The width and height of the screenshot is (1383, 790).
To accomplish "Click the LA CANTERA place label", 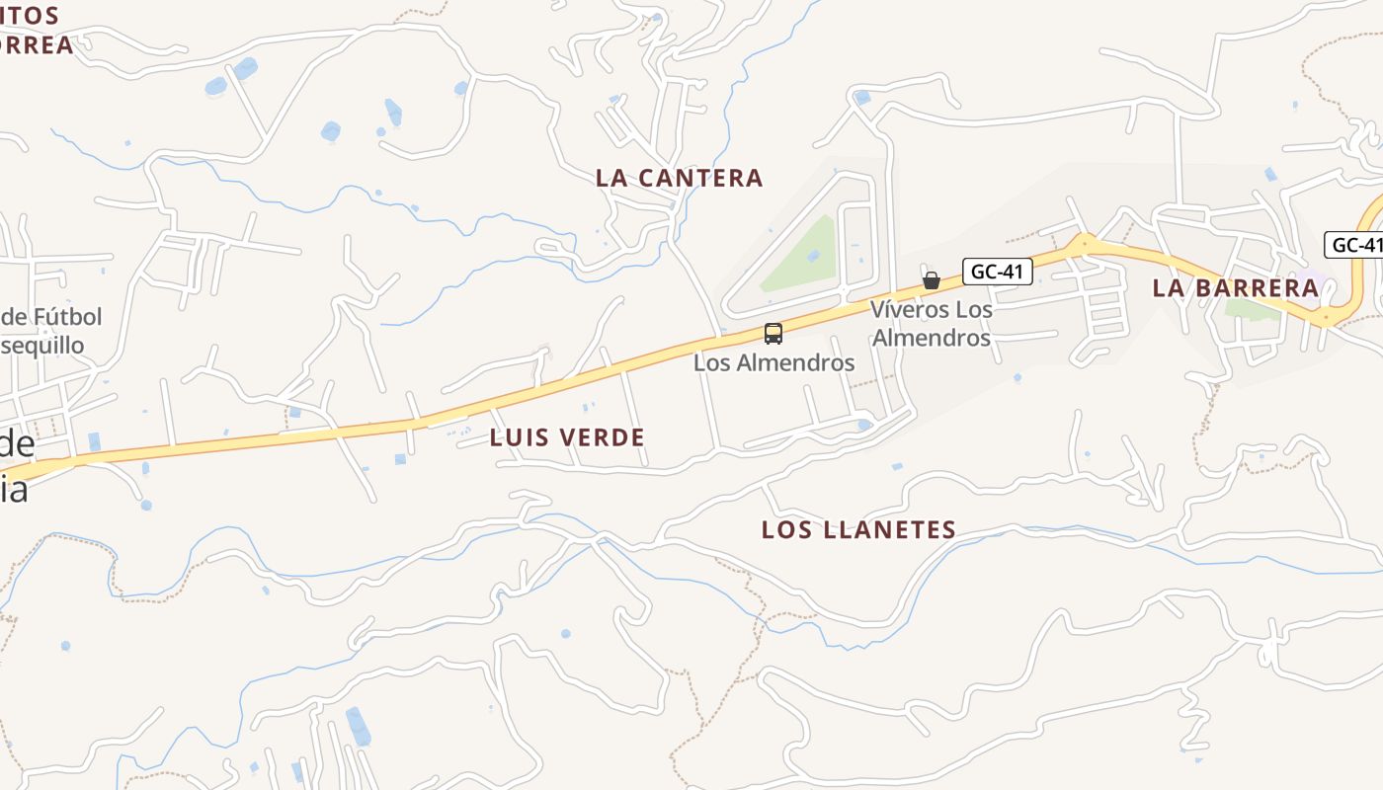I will pyautogui.click(x=680, y=178).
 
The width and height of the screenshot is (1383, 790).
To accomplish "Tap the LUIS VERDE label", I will pyautogui.click(x=567, y=437).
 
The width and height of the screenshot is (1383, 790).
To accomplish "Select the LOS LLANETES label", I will pyautogui.click(x=858, y=530).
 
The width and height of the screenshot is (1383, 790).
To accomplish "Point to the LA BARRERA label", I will pyautogui.click(x=1236, y=288).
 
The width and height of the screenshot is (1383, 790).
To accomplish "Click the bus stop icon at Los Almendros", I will pyautogui.click(x=773, y=334).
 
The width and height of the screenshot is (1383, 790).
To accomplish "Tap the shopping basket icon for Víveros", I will pyautogui.click(x=931, y=279).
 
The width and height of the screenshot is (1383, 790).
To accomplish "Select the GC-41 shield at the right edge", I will pyautogui.click(x=1355, y=245).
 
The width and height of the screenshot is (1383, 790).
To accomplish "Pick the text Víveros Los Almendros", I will pyautogui.click(x=931, y=324).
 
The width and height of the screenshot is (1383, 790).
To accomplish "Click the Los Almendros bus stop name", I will pyautogui.click(x=773, y=362).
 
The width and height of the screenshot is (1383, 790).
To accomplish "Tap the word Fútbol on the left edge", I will pyautogui.click(x=64, y=317).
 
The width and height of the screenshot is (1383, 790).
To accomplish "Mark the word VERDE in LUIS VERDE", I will pyautogui.click(x=603, y=437).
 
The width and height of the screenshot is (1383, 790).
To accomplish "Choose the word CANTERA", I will pyautogui.click(x=701, y=178).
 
